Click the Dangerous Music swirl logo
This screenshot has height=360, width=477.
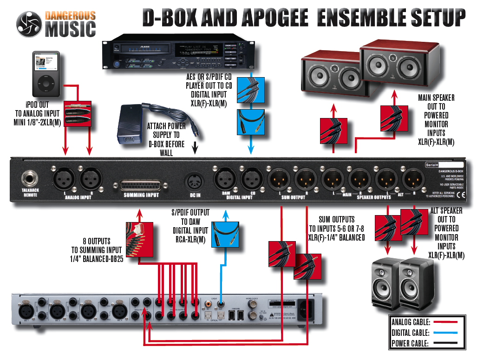pyautogui.click(x=29, y=24)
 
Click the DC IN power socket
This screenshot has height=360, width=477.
pyautogui.click(x=195, y=179)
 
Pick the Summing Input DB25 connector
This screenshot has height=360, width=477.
pyautogui.click(x=141, y=185)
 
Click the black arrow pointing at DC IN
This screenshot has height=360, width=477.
pyautogui.click(x=195, y=148)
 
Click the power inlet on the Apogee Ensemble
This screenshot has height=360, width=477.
pyautogui.click(x=307, y=308)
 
